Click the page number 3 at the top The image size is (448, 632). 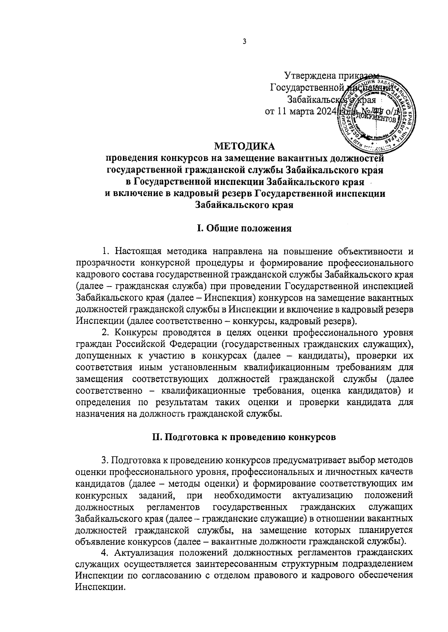pos(244,42)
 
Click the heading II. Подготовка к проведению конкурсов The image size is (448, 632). pos(244,437)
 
